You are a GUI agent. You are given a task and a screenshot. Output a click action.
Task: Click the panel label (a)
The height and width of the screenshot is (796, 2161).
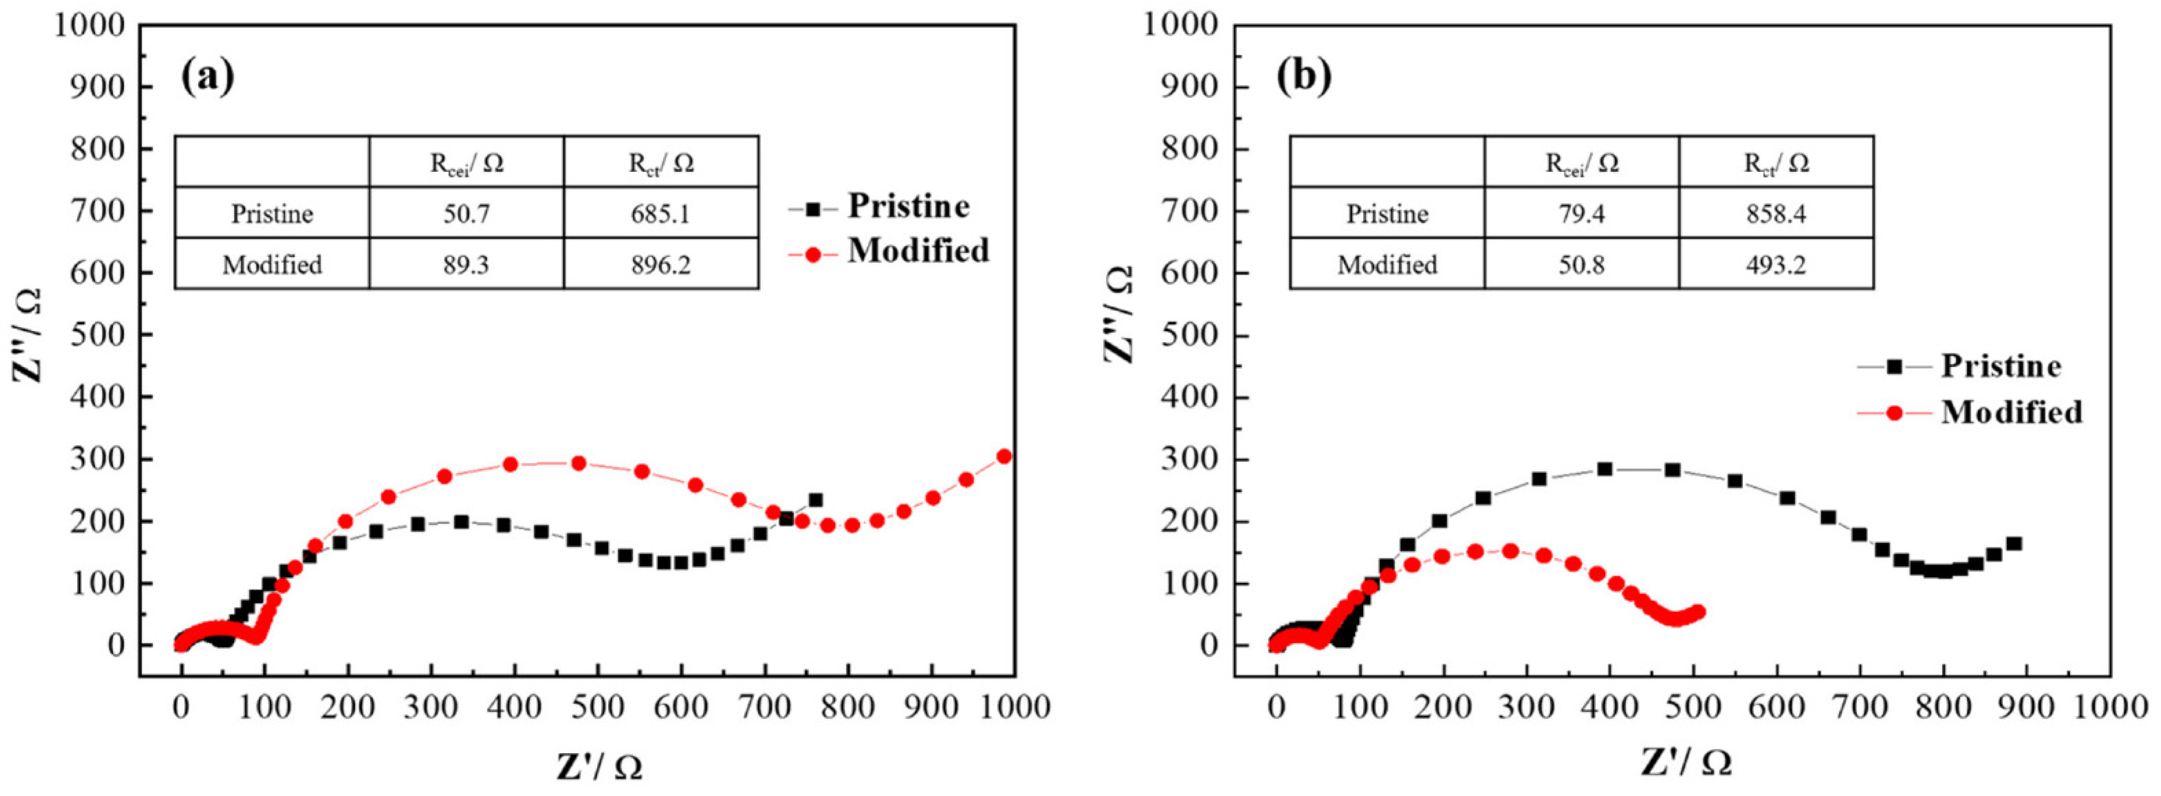[207, 77]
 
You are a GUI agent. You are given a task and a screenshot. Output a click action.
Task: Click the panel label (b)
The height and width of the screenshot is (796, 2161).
[1303, 77]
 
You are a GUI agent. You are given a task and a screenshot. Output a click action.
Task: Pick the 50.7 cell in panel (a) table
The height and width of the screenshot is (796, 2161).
[466, 214]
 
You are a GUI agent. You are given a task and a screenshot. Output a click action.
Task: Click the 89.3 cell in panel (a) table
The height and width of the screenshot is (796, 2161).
[466, 265]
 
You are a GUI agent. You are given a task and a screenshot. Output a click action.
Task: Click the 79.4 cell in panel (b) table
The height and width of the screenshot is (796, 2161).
[1582, 214]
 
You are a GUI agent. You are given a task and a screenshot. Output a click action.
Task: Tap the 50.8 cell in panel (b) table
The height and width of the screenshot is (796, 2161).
[1582, 265]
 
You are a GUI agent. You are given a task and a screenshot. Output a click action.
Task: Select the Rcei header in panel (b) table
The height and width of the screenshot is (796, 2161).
[1582, 163]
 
